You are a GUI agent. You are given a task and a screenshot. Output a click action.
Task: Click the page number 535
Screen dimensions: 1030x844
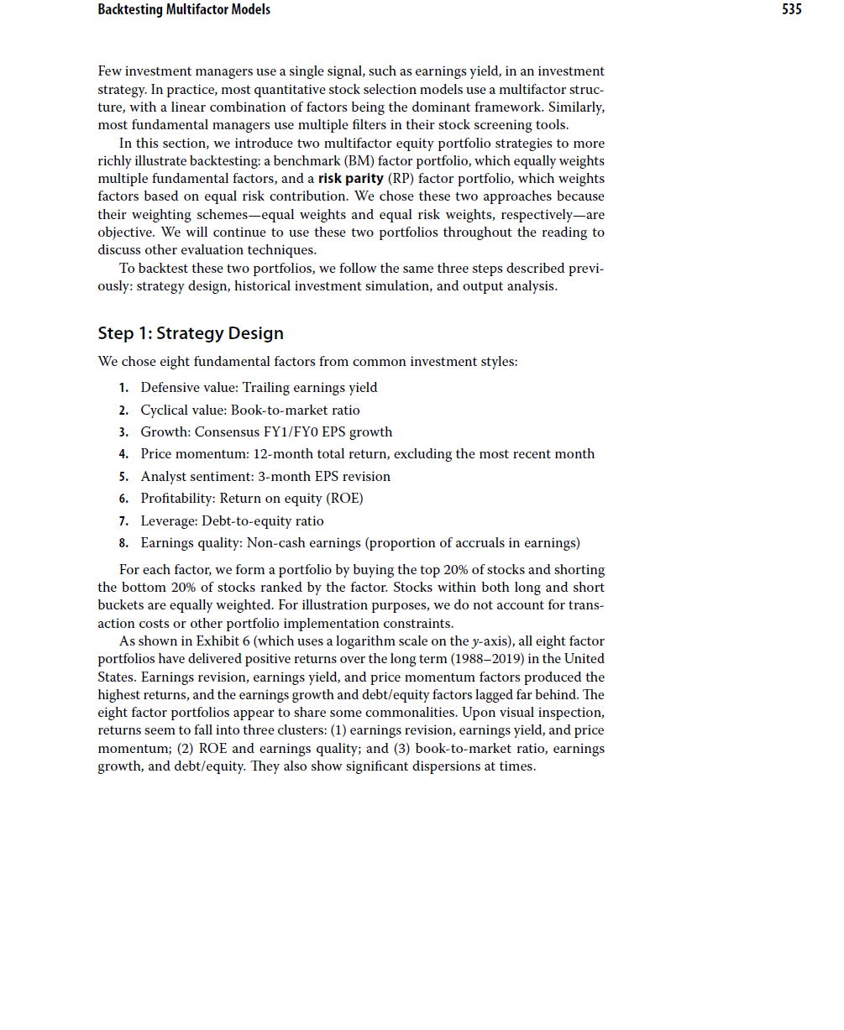click(791, 10)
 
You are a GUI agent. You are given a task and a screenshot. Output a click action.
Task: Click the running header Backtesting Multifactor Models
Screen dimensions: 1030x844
click(184, 10)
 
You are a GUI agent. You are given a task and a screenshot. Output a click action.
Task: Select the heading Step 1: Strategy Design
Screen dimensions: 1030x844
click(191, 333)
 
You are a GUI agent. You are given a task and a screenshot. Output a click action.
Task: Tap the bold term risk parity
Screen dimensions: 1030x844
click(350, 179)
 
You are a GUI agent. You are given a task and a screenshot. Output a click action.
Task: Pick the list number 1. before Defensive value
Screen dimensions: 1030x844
click(123, 388)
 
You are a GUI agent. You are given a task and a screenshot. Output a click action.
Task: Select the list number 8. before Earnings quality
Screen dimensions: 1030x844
click(123, 543)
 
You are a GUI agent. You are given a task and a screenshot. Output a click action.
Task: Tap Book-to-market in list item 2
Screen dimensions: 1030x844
click(272, 410)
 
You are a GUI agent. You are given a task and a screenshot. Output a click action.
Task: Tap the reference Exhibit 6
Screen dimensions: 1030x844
click(207, 641)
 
